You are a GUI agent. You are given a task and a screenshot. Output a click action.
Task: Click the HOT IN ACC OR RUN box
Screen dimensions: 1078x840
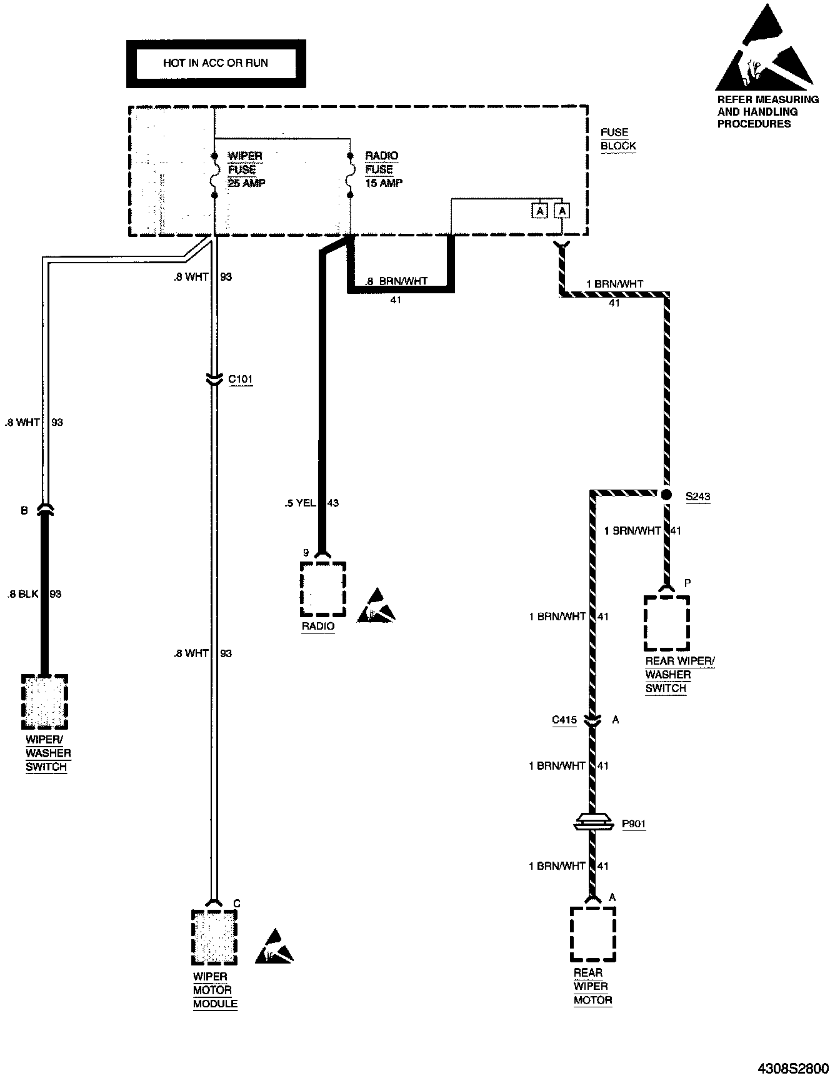(216, 63)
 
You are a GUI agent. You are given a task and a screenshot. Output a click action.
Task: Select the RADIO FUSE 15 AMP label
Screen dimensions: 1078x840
(383, 169)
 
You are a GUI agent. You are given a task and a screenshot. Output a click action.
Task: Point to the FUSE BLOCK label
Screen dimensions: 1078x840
(617, 139)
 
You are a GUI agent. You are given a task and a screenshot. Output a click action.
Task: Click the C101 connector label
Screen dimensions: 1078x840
(240, 380)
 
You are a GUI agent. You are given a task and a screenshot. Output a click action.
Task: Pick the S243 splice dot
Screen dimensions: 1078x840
(666, 495)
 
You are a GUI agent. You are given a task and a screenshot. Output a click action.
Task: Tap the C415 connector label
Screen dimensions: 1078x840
(564, 720)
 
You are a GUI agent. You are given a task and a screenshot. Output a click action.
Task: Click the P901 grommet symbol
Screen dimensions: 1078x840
(592, 824)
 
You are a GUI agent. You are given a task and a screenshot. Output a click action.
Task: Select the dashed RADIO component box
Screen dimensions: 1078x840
(322, 588)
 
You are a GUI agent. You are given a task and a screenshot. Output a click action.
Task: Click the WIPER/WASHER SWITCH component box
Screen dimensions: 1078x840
(44, 702)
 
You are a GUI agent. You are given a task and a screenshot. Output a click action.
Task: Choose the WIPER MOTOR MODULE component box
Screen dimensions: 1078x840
(214, 937)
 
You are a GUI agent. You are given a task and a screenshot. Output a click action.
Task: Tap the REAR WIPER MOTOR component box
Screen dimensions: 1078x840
(592, 934)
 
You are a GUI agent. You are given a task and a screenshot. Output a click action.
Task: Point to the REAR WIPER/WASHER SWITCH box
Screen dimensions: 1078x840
(666, 623)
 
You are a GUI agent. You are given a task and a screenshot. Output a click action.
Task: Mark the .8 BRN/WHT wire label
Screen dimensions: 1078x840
(397, 282)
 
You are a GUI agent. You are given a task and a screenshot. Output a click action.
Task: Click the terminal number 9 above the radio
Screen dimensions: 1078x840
(306, 553)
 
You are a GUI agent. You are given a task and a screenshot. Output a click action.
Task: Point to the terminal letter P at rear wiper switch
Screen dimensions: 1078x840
(687, 583)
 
